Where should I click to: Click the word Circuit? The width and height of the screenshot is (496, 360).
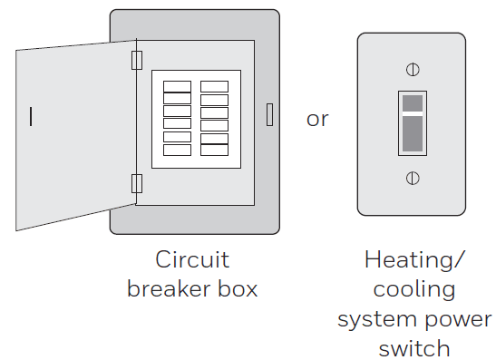pos(192,260)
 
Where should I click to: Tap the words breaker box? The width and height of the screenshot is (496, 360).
pos(192,289)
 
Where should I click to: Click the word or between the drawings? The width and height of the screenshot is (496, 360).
pos(317,119)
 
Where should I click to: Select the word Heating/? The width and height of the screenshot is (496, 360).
pos(413,260)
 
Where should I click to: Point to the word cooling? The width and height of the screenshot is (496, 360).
pos(414,289)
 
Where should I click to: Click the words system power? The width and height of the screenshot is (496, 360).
pos(414,319)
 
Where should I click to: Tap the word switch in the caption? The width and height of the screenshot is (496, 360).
pos(414,348)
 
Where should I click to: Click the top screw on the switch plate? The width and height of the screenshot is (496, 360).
pos(413,69)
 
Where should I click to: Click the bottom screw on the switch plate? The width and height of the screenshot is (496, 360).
pos(413,178)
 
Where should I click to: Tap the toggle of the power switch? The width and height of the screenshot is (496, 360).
pos(413,122)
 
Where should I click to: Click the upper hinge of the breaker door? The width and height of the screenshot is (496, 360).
pos(138,60)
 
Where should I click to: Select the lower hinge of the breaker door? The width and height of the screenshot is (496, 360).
pos(138,184)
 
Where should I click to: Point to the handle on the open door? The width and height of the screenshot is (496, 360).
pos(32,116)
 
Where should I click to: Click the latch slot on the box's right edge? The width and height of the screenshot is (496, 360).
pos(269,114)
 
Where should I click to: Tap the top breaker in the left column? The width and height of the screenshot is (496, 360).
pos(177,87)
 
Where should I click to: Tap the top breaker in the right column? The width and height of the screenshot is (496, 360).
pos(215,87)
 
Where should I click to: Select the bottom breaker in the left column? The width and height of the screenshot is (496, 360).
pos(177,151)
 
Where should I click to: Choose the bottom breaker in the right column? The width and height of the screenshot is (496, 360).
pos(215,151)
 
